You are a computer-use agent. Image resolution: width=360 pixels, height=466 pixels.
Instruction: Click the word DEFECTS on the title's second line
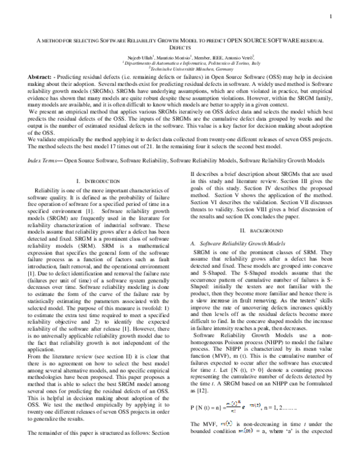180,46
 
